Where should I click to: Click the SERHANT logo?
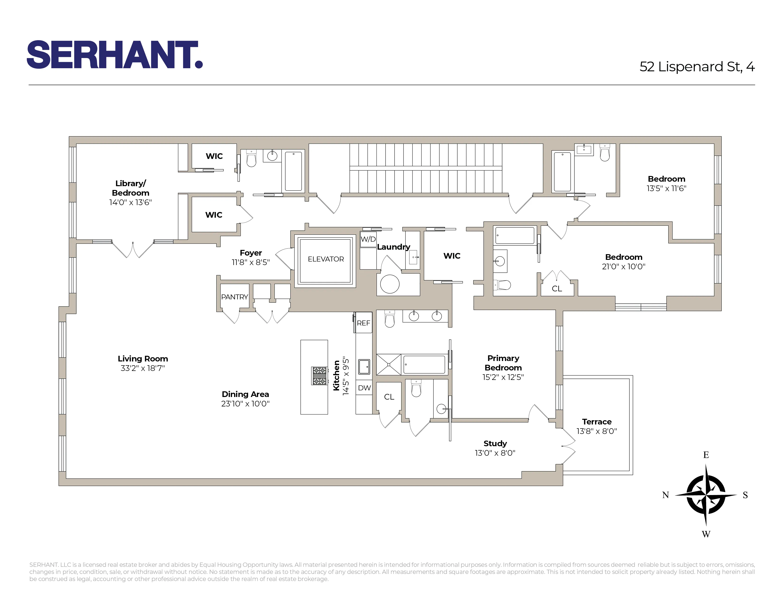tap(115, 54)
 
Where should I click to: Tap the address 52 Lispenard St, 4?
tap(697, 67)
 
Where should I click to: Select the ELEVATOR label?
tap(325, 259)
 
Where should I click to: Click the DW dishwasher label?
tap(364, 388)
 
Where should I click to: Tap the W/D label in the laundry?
tap(368, 239)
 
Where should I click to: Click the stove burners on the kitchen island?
tap(319, 376)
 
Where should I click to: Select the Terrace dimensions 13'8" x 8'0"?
tap(596, 431)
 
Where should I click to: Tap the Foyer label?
tap(251, 253)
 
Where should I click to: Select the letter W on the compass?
tap(706, 534)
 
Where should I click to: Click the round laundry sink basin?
tap(390, 284)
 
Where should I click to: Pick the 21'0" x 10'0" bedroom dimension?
tap(623, 266)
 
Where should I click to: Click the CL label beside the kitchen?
tap(389, 397)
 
